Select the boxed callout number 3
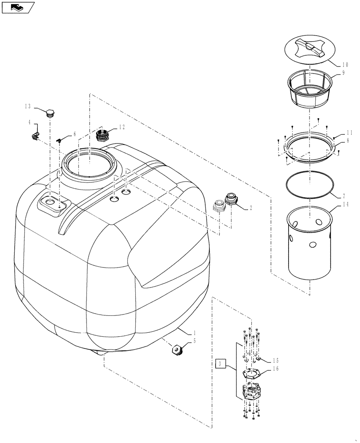pyautogui.click(x=219, y=365)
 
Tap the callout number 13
pyautogui.click(x=28, y=106)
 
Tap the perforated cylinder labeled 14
pyautogui.click(x=309, y=244)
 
